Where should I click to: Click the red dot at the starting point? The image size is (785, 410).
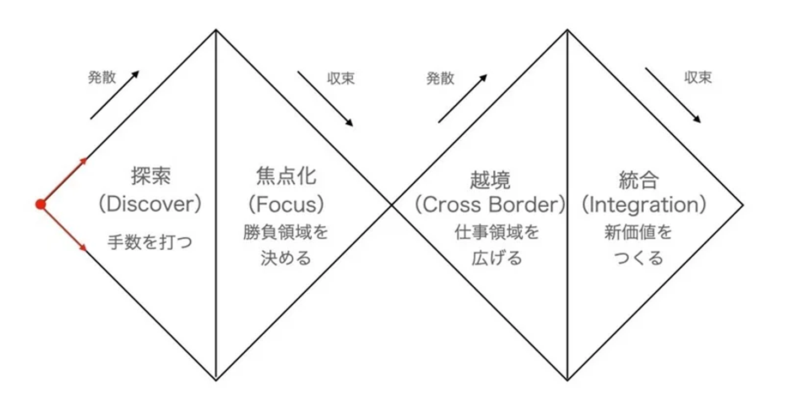(40, 204)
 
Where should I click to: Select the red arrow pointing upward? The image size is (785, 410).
(64, 181)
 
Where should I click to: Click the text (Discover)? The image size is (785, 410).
(150, 204)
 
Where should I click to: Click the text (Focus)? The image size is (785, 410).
(286, 204)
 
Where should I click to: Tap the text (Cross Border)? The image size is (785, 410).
(489, 205)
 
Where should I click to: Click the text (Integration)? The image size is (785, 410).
(643, 205)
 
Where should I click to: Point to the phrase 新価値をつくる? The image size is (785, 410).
(638, 245)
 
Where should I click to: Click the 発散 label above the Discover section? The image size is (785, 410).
(102, 78)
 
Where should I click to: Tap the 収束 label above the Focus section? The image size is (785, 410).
(341, 79)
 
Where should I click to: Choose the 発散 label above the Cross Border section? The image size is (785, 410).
(440, 79)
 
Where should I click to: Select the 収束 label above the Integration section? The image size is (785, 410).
(698, 78)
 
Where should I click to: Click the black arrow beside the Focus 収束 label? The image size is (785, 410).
(325, 99)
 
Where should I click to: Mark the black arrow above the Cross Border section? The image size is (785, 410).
(462, 99)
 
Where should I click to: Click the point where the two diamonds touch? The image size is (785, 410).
(391, 204)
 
